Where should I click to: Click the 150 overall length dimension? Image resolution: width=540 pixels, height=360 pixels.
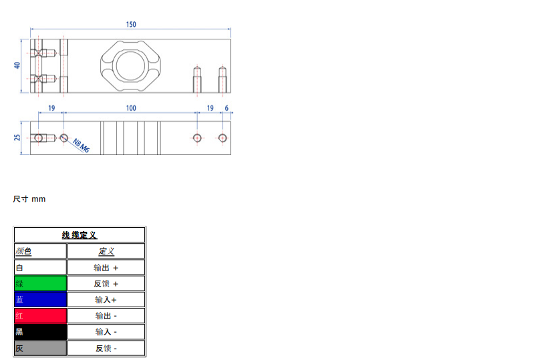tap(131, 25)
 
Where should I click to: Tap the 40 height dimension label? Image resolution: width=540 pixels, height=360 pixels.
tap(17, 65)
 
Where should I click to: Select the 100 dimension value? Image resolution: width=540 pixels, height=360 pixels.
tap(131, 108)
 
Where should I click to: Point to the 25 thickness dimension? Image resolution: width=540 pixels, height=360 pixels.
tap(17, 138)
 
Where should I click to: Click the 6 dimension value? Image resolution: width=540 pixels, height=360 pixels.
tap(227, 108)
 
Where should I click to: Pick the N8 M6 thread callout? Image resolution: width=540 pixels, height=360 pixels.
tap(81, 146)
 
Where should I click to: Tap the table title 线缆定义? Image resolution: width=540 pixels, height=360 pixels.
tap(80, 235)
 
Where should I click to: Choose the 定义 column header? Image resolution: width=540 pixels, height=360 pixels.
tap(106, 251)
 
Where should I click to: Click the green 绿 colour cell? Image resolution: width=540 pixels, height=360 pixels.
tap(40, 283)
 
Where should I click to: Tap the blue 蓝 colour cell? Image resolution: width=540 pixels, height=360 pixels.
tap(40, 299)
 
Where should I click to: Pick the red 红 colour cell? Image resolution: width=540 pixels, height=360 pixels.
tap(40, 315)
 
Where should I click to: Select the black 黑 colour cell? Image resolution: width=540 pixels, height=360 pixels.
tap(40, 332)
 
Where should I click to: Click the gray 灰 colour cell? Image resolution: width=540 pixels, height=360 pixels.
tap(40, 348)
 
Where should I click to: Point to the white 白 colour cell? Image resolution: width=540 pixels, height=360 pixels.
tap(40, 267)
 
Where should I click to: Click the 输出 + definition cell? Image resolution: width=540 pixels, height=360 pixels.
tap(106, 267)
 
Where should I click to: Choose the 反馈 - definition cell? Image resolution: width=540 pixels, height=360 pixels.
tap(106, 348)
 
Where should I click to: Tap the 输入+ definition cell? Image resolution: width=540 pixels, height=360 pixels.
tap(106, 299)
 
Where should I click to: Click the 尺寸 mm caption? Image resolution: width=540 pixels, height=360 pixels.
tap(29, 199)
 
